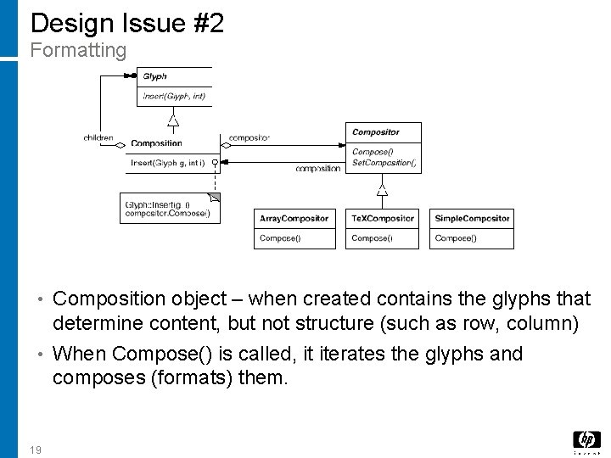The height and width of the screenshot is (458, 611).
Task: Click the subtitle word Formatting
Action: point(78,51)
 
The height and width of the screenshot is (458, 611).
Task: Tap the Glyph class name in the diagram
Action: point(154,77)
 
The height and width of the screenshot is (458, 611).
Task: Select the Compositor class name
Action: point(375,132)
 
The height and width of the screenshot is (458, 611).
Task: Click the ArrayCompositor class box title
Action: point(294,219)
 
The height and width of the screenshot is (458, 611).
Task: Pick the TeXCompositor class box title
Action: point(383,219)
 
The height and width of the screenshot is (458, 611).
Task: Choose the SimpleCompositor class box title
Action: point(472,219)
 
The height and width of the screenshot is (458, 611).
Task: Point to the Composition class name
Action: point(156,143)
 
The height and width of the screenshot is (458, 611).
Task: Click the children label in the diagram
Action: point(98,137)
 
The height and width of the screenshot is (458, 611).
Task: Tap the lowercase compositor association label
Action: point(249,137)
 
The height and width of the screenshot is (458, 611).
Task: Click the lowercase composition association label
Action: point(317,169)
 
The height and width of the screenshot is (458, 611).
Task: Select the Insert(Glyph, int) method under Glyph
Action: point(174,97)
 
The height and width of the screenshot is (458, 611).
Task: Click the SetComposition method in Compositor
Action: point(384,162)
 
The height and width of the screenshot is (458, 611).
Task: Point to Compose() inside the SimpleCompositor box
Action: point(456,238)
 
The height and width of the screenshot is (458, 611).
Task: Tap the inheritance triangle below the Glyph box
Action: point(173,120)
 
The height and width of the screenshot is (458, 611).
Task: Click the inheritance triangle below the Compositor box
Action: point(382,189)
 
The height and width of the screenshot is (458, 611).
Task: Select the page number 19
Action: point(35,450)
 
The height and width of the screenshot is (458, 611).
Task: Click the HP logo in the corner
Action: point(586,440)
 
